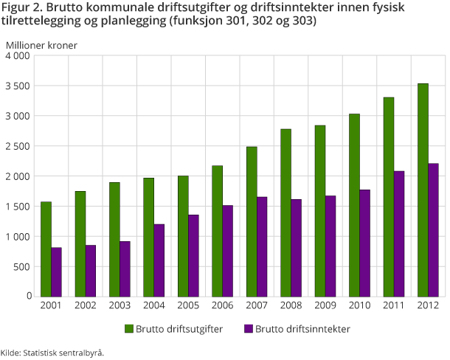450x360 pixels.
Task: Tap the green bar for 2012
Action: (423, 190)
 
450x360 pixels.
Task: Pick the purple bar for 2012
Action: (433, 229)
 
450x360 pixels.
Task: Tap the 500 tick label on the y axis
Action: (22, 267)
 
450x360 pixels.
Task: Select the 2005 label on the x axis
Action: (188, 305)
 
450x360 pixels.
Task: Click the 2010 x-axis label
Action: (359, 305)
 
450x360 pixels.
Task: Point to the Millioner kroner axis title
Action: (41, 45)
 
